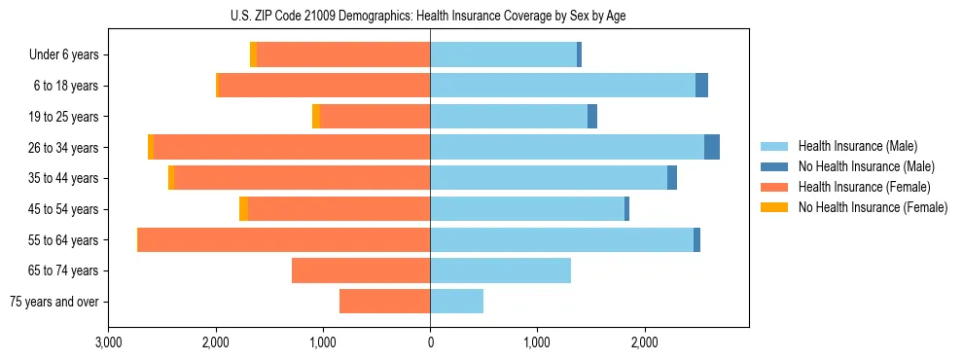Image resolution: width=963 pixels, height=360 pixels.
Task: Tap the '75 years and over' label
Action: (x=54, y=302)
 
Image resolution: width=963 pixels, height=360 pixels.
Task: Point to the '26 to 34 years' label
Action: (x=64, y=148)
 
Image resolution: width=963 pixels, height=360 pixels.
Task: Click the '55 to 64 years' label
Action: (x=64, y=240)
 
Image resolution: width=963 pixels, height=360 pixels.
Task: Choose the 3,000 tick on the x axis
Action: (x=109, y=342)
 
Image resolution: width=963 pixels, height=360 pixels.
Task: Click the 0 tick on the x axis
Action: (x=430, y=342)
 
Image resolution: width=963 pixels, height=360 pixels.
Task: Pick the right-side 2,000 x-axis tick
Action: (x=644, y=342)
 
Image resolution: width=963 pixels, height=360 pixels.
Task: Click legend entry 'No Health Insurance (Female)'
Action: (x=873, y=207)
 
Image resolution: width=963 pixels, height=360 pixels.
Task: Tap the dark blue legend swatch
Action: (x=774, y=166)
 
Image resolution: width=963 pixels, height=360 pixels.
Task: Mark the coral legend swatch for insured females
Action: (x=774, y=187)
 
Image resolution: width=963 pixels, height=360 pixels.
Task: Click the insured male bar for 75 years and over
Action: (x=456, y=302)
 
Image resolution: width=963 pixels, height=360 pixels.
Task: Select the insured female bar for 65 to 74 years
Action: (x=361, y=270)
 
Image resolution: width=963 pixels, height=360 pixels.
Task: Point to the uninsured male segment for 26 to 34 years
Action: (x=712, y=147)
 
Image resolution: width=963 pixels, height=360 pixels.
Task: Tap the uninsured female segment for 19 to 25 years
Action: (x=316, y=117)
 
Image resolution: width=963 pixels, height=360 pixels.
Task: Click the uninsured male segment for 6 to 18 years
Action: (x=701, y=86)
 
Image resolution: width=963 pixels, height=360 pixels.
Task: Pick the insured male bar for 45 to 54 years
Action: (x=527, y=209)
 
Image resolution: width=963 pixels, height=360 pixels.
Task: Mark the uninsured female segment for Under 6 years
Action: (x=253, y=55)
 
